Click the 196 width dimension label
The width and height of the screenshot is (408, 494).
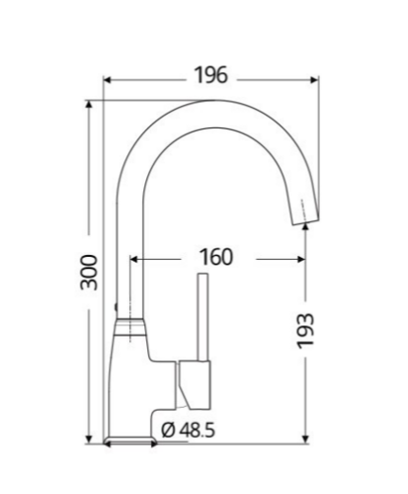(x=211, y=75)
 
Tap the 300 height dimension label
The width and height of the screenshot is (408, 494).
(x=89, y=273)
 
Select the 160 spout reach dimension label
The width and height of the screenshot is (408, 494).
(x=216, y=257)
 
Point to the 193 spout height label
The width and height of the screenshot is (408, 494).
(x=305, y=331)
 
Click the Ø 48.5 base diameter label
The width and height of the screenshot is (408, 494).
(x=188, y=430)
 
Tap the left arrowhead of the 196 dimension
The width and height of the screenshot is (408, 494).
(x=108, y=80)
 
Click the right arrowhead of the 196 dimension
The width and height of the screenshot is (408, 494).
(x=314, y=80)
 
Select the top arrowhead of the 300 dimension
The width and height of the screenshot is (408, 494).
(x=89, y=105)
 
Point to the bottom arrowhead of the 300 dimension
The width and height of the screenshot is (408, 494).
(x=89, y=439)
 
